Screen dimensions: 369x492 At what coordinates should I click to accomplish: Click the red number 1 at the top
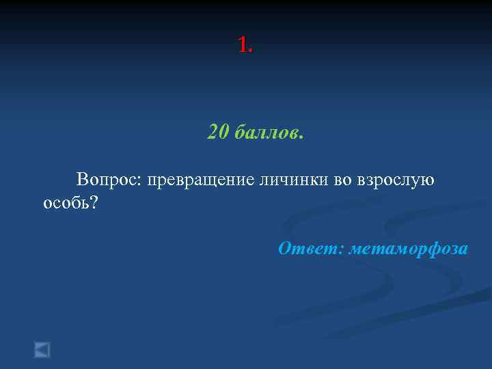coord(243,46)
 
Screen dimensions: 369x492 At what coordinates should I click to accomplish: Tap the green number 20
coord(218,131)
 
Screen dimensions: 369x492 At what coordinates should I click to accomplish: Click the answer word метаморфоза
coord(409,249)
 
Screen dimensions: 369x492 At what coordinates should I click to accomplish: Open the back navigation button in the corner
coord(42,350)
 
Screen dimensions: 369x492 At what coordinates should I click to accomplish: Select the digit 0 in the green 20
coord(223,131)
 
